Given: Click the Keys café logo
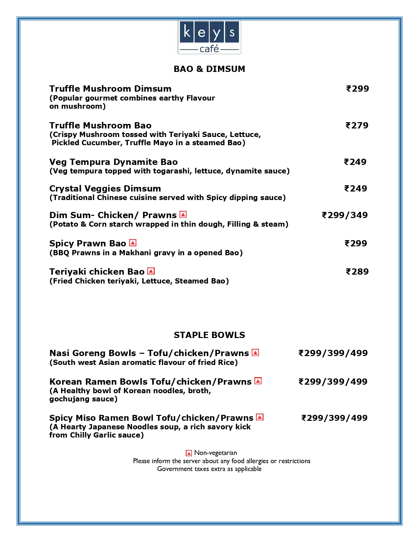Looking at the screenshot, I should [209, 37].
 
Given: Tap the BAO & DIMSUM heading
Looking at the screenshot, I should [209, 69].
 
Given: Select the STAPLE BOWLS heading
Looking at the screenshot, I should [209, 335].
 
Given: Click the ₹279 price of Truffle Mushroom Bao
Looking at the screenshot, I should [357, 125].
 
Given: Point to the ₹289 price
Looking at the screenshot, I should [357, 272].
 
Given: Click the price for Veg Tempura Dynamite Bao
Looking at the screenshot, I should [355, 162].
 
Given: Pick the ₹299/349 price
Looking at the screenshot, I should [345, 215].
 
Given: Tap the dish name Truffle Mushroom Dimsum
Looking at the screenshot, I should [110, 89].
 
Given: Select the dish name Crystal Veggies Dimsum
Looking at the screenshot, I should [105, 189].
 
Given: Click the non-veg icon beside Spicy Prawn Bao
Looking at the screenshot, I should [133, 243].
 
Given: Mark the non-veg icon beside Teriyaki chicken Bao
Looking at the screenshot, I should [151, 271].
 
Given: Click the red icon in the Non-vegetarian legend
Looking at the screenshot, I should [189, 453].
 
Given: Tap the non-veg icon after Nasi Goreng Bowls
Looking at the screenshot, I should [255, 353].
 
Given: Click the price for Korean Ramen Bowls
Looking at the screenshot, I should [333, 382].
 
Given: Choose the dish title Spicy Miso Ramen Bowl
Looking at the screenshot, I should [102, 418].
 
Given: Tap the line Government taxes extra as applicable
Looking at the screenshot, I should [209, 469].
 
